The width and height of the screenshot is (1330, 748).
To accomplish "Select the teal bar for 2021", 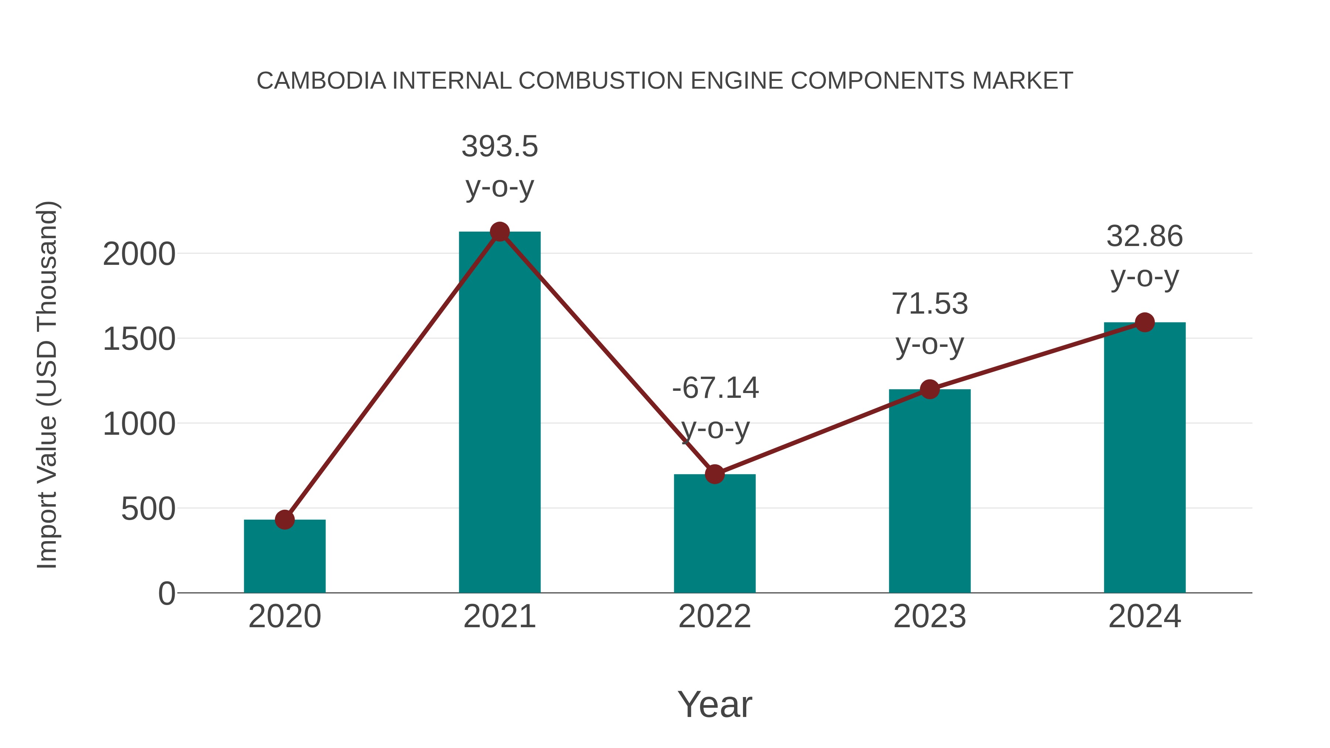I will pyautogui.click(x=499, y=413).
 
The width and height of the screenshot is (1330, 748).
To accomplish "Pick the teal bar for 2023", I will pyautogui.click(x=930, y=491).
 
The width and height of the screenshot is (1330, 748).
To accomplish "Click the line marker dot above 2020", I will pyautogui.click(x=284, y=519).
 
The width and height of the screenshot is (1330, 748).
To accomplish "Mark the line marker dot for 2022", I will pyautogui.click(x=715, y=474).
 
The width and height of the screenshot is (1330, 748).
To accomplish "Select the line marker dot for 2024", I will pyautogui.click(x=1145, y=322).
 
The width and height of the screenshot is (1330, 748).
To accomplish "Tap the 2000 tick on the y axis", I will pyautogui.click(x=139, y=255).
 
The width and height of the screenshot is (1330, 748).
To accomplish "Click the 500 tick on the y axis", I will pyautogui.click(x=148, y=509).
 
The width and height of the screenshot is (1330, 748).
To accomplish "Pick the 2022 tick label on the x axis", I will pyautogui.click(x=715, y=616).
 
